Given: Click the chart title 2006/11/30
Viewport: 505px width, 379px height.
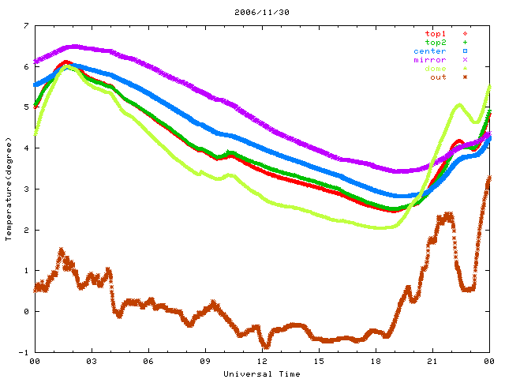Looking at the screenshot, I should pos(252,13).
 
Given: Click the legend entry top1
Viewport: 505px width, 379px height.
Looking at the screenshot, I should pos(435,34).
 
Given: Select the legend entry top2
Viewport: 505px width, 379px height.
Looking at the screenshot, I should pos(435,43).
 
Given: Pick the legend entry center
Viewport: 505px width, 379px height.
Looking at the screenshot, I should pos(429,51).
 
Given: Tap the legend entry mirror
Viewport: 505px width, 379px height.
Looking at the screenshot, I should pos(429,60).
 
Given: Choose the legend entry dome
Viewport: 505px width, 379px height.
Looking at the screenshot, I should pos(435,69).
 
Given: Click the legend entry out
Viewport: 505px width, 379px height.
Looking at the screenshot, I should pos(438,77).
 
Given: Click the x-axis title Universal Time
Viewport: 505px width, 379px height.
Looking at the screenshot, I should pos(261,373).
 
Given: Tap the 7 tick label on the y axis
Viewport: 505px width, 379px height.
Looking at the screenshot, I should pos(26,25).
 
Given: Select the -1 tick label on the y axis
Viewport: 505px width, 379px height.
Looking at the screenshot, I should pos(24,352).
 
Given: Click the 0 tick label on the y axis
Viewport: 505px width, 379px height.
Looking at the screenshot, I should pos(26,311).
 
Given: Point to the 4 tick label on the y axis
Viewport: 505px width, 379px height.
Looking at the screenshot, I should pos(26,148).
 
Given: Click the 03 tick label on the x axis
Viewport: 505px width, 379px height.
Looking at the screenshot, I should pos(92,362).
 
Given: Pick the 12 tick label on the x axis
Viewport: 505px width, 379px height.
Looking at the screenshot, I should pos(262,362).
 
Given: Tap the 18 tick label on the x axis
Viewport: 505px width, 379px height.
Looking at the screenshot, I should pos(376,362).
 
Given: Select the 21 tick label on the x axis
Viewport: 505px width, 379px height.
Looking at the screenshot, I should pos(432,362).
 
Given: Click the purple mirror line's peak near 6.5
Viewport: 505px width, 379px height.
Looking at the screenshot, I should pos(75,47).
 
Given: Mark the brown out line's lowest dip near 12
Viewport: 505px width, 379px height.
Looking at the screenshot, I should pos(266,345).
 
